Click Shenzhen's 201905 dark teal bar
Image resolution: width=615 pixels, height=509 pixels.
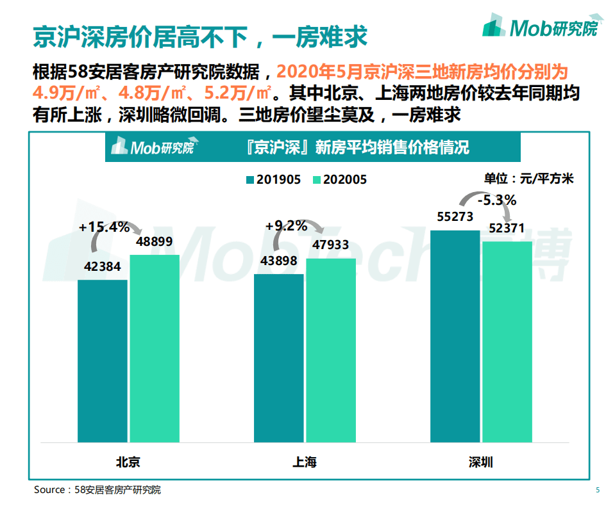[455, 335]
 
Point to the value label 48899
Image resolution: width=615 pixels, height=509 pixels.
[155, 243]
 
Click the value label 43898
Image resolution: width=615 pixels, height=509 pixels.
[278, 262]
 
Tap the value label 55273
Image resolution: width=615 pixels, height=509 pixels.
[455, 217]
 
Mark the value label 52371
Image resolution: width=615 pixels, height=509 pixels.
[507, 228]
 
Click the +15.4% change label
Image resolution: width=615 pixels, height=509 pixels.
[105, 227]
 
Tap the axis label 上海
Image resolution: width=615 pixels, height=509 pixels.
[304, 462]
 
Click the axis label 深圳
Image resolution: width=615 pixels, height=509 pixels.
[480, 462]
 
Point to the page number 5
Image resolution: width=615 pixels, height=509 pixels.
[598, 490]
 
